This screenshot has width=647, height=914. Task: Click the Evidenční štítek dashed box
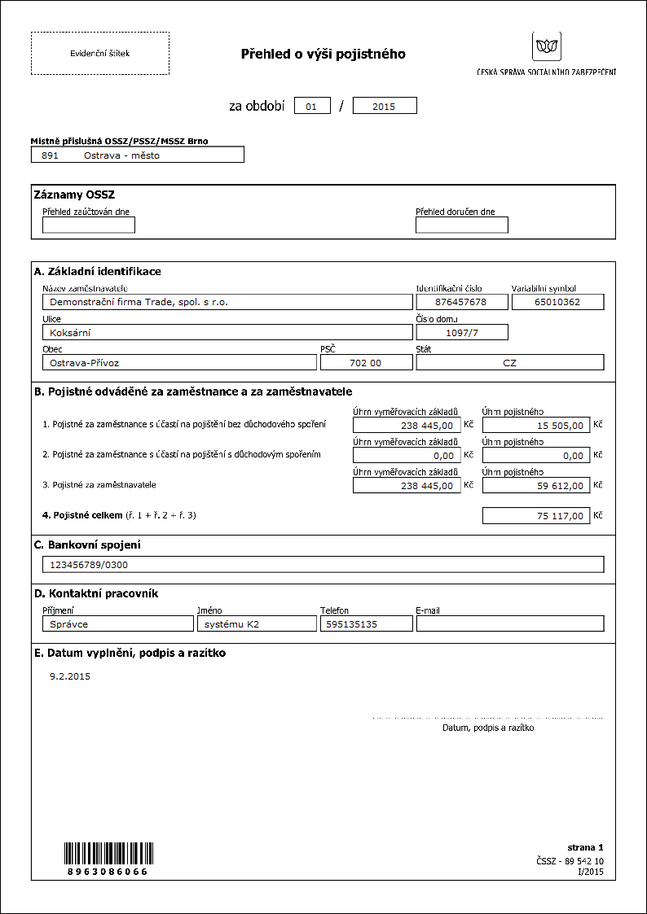(x=99, y=54)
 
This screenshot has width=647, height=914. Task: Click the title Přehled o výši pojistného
(x=323, y=55)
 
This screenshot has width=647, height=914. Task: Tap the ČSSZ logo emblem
(x=546, y=46)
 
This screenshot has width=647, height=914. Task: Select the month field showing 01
(x=312, y=106)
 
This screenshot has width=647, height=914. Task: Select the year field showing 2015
(x=385, y=106)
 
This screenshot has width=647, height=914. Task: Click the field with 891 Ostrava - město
(x=137, y=155)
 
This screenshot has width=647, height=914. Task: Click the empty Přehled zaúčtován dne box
(x=89, y=225)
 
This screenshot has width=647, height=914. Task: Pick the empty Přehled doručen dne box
(x=461, y=225)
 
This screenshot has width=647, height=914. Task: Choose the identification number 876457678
(x=461, y=302)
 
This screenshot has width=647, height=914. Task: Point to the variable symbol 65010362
(x=557, y=302)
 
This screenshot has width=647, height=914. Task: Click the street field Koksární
(x=227, y=332)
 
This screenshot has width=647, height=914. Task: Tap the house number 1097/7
(x=461, y=332)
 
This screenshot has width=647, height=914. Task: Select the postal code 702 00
(x=366, y=363)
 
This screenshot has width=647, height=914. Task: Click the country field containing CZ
(x=509, y=363)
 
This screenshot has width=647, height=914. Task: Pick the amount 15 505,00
(x=535, y=425)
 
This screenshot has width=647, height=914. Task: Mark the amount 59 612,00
(x=535, y=486)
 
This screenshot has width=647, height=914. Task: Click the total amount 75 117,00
(x=535, y=516)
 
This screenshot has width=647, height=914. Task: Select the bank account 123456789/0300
(x=323, y=565)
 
